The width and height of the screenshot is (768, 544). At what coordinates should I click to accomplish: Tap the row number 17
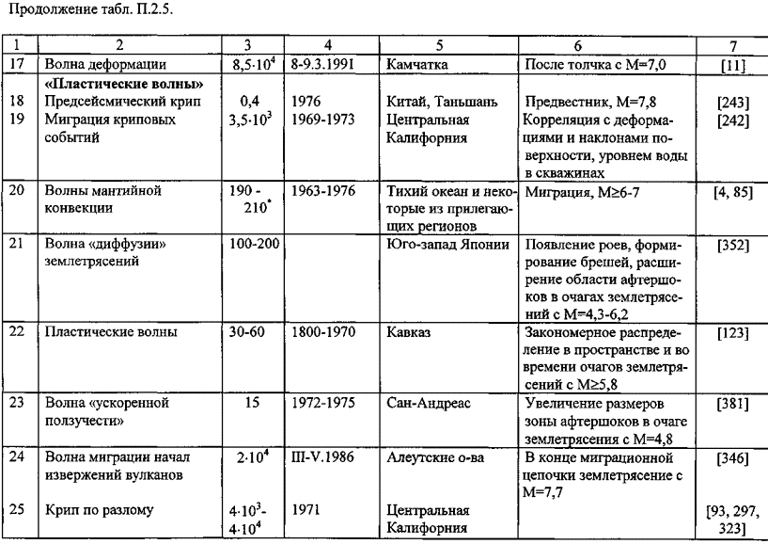17,63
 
